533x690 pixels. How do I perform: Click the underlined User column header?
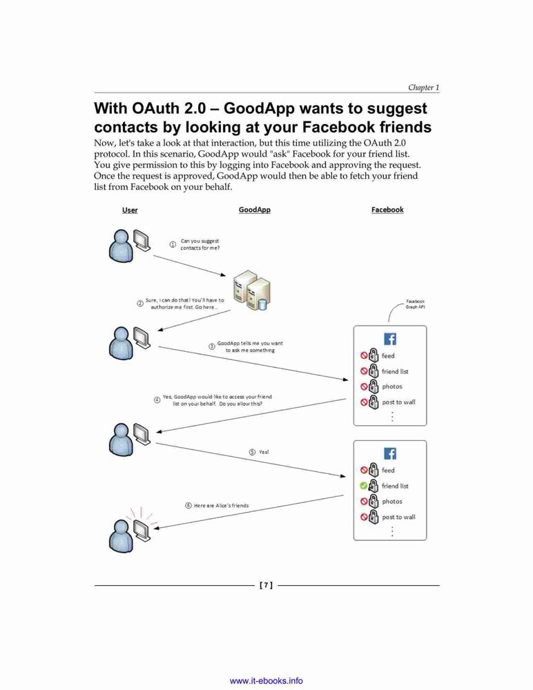point(130,210)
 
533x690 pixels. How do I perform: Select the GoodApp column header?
point(255,210)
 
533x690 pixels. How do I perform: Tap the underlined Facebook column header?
point(387,210)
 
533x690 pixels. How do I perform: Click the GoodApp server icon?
point(251,290)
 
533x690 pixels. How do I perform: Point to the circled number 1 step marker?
point(173,244)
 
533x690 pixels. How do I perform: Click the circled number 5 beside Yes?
point(252,452)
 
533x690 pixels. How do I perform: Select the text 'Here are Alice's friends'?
point(221,506)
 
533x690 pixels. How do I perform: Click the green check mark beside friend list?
point(363,486)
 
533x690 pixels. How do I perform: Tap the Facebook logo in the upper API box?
point(390,339)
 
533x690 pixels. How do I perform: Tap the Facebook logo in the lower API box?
point(390,454)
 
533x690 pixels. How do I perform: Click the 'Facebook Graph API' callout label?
point(415,304)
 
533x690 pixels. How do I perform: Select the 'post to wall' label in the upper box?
point(398,402)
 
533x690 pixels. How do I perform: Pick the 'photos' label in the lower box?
point(392,501)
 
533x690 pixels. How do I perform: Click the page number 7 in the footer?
point(266,585)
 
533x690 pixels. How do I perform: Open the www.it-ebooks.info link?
point(266,681)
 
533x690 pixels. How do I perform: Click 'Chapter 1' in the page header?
point(423,87)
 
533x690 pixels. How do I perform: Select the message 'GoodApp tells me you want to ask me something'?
point(250,347)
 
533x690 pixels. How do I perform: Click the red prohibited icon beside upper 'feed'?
point(364,355)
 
